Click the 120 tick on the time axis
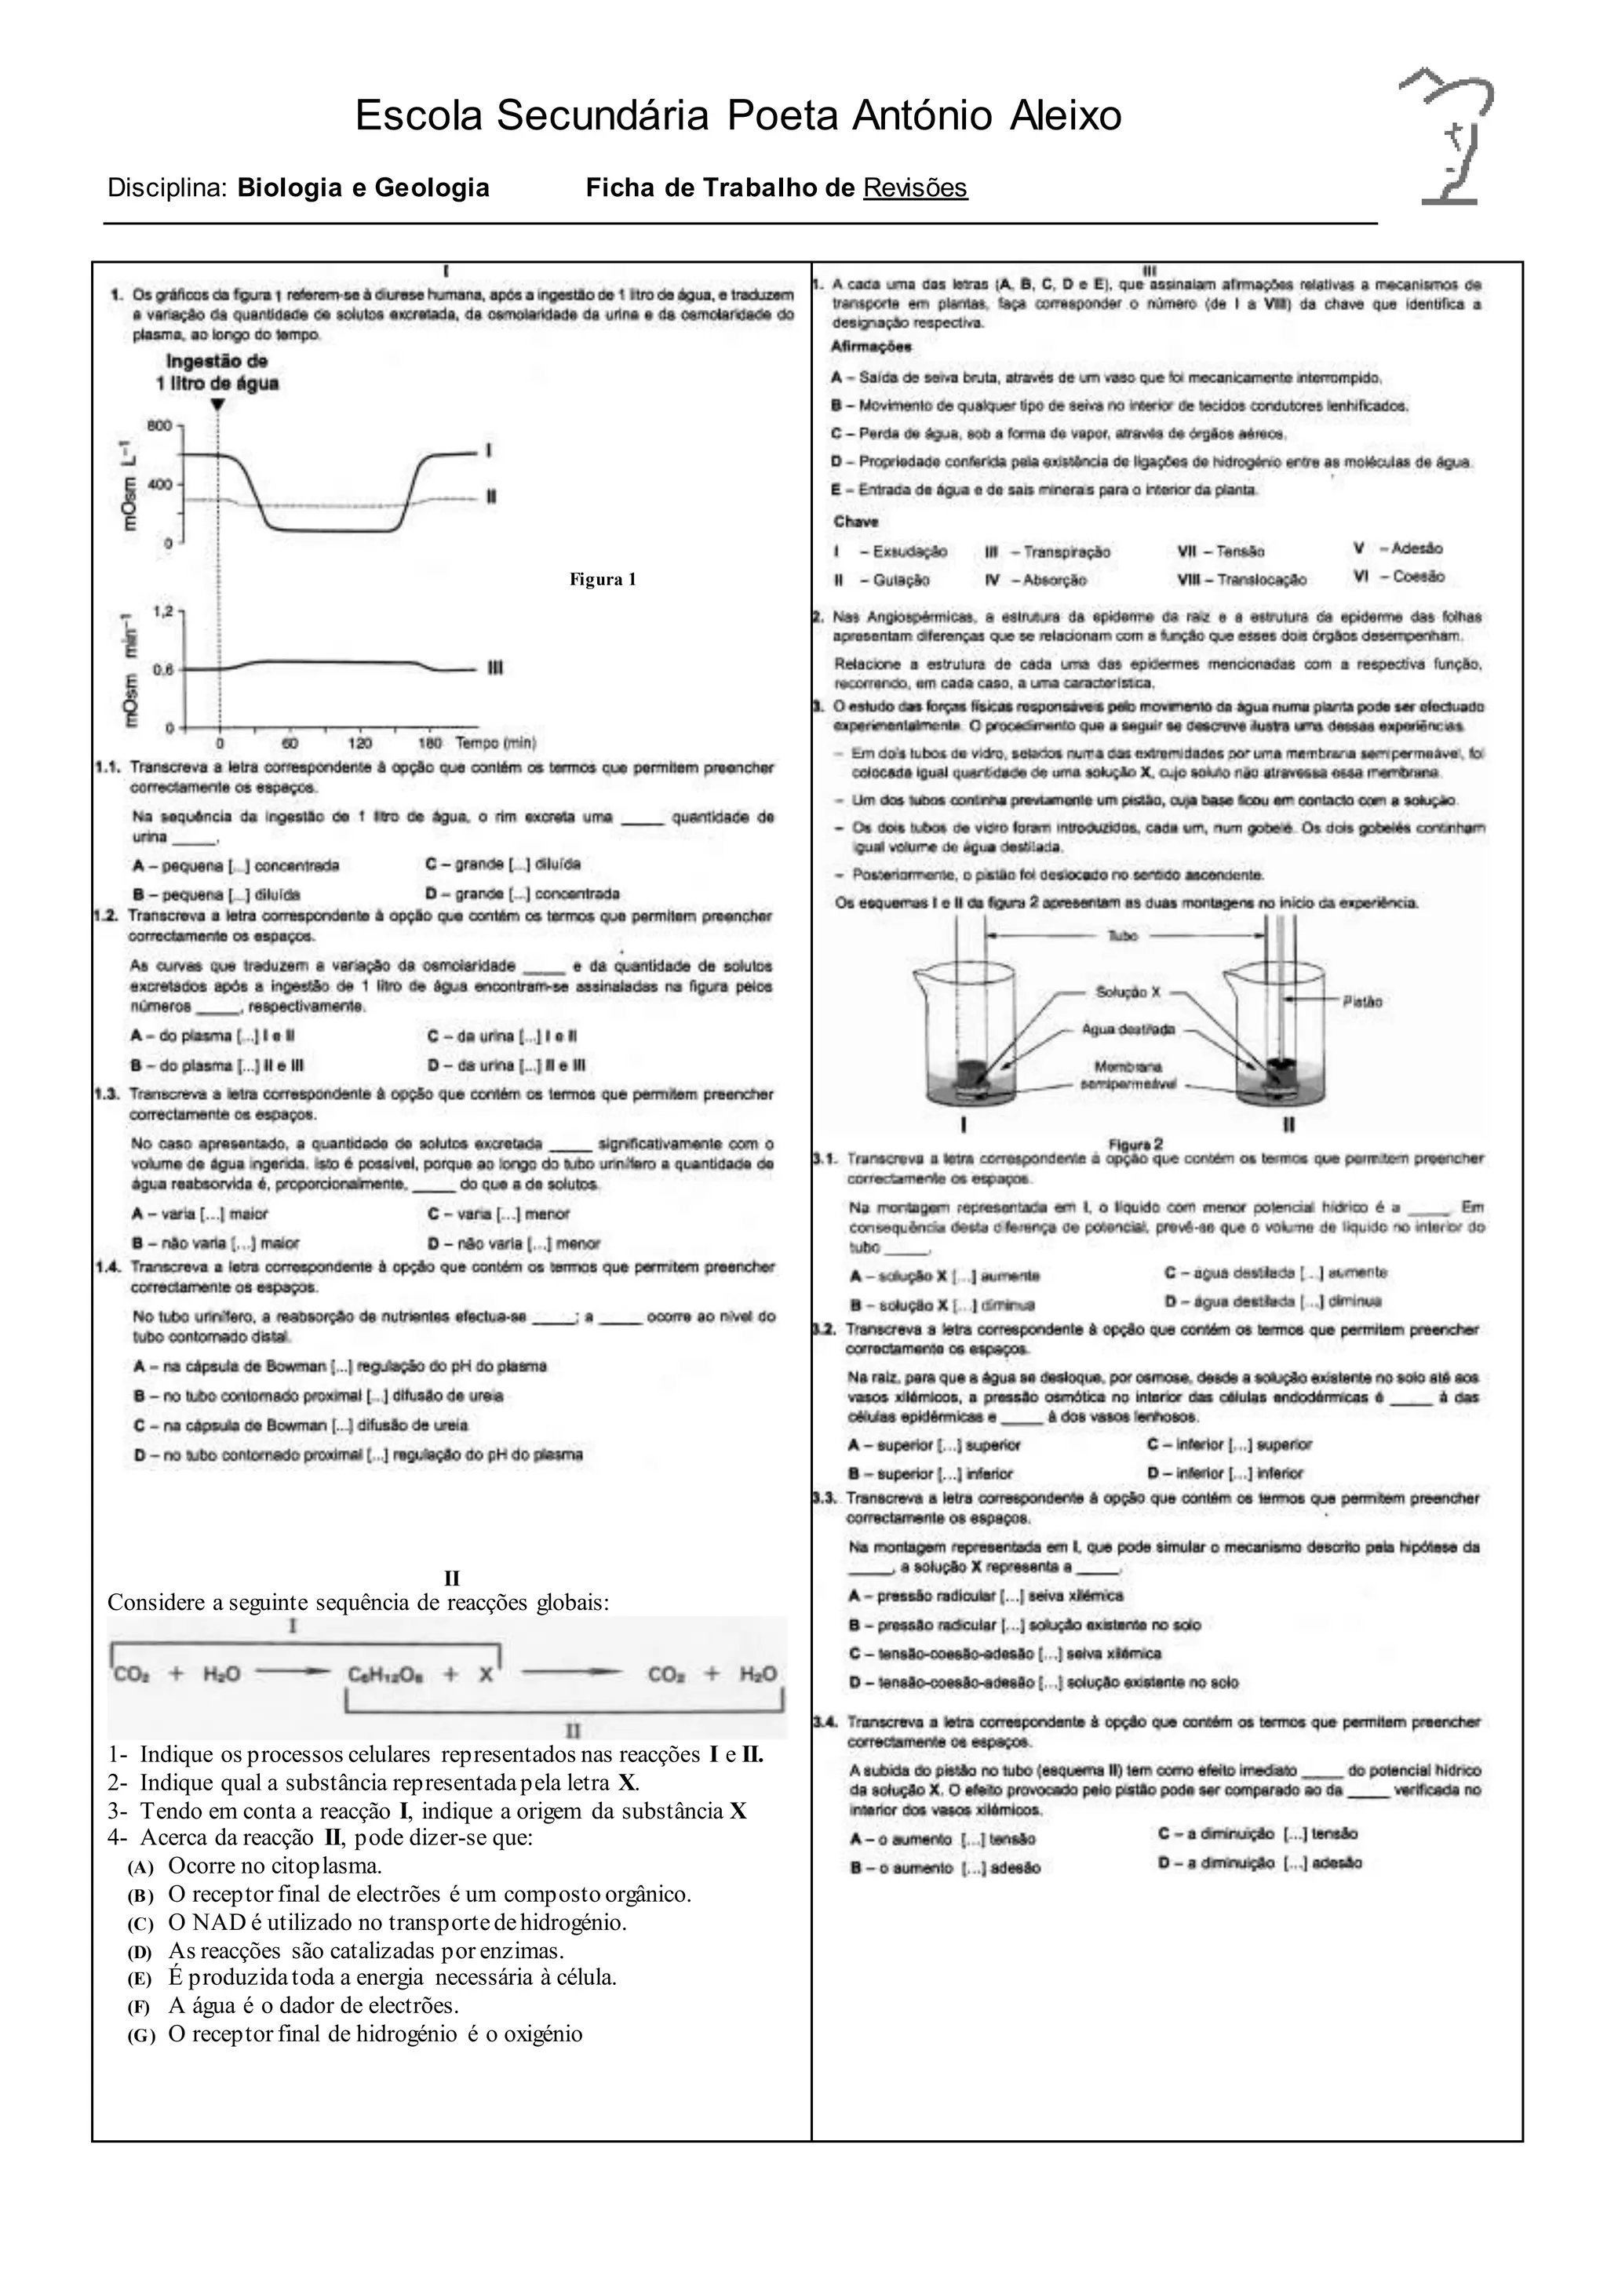(360, 742)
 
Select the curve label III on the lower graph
(495, 669)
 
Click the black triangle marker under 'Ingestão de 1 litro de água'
(217, 404)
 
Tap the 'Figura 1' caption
(603, 580)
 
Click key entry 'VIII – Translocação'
(1242, 580)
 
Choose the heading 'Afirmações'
(872, 348)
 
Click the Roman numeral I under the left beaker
(964, 1125)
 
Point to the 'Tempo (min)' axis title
(495, 742)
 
